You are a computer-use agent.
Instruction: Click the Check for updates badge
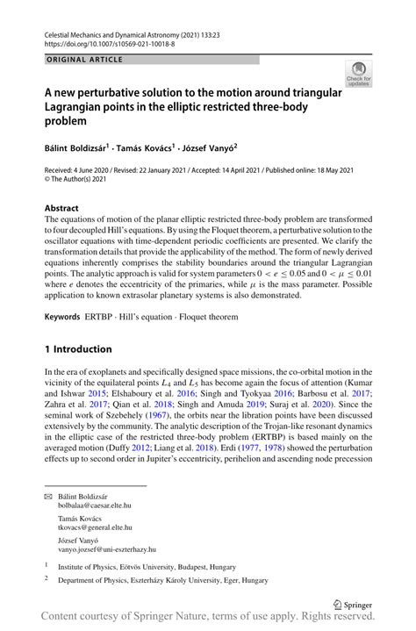pyautogui.click(x=358, y=73)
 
